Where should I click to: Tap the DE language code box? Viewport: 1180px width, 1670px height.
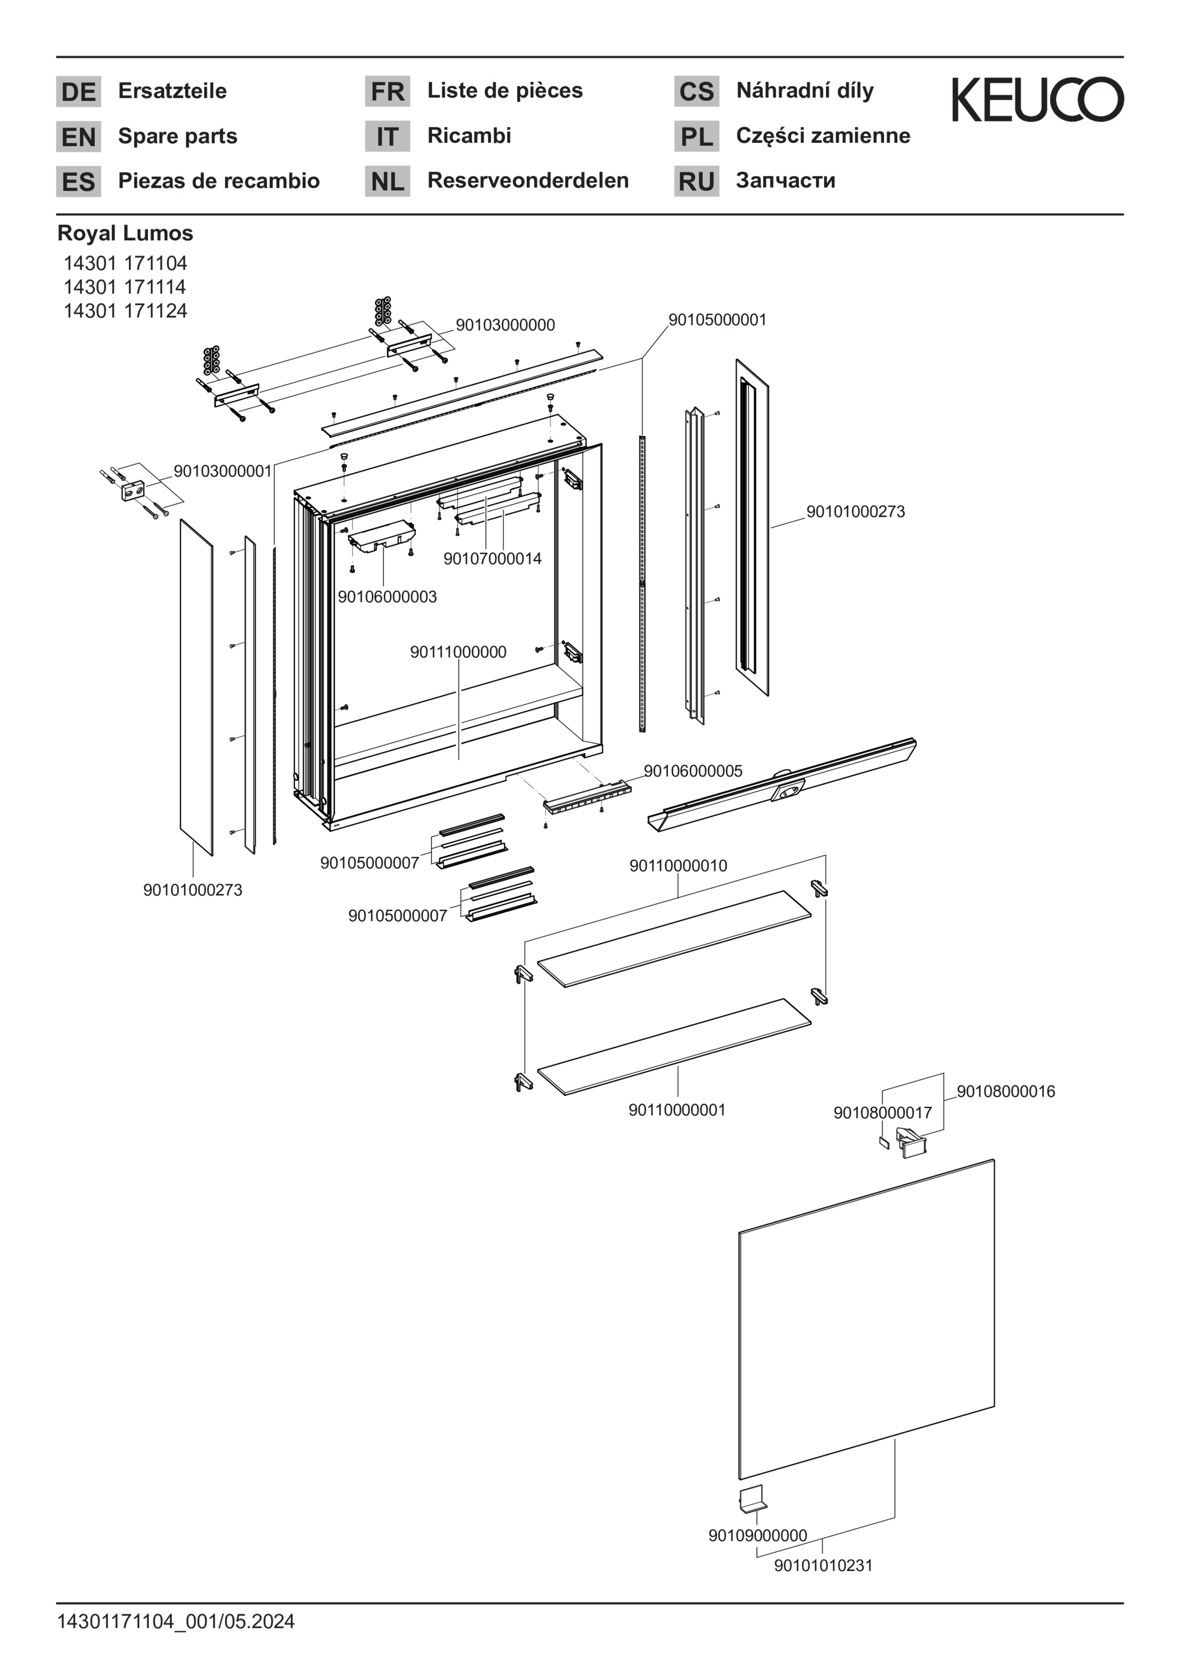(x=78, y=92)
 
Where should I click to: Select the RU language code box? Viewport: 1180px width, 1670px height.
(x=696, y=181)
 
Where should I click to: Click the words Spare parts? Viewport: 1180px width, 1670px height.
(x=177, y=136)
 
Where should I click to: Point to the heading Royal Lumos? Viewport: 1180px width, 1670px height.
(x=125, y=234)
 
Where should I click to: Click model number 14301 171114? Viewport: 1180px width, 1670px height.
(x=124, y=287)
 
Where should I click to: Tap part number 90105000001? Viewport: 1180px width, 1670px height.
(x=717, y=320)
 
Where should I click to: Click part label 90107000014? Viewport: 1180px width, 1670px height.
(x=492, y=558)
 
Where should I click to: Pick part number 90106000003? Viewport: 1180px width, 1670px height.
(x=387, y=597)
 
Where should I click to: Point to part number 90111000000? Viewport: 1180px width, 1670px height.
(x=458, y=652)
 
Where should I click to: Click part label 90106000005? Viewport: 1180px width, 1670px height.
(x=693, y=771)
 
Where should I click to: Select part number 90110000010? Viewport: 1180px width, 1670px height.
(x=678, y=866)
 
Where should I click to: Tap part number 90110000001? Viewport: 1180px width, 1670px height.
(x=677, y=1110)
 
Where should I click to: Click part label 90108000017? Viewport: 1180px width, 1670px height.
(x=882, y=1113)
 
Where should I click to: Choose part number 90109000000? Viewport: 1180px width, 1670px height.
(x=757, y=1536)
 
